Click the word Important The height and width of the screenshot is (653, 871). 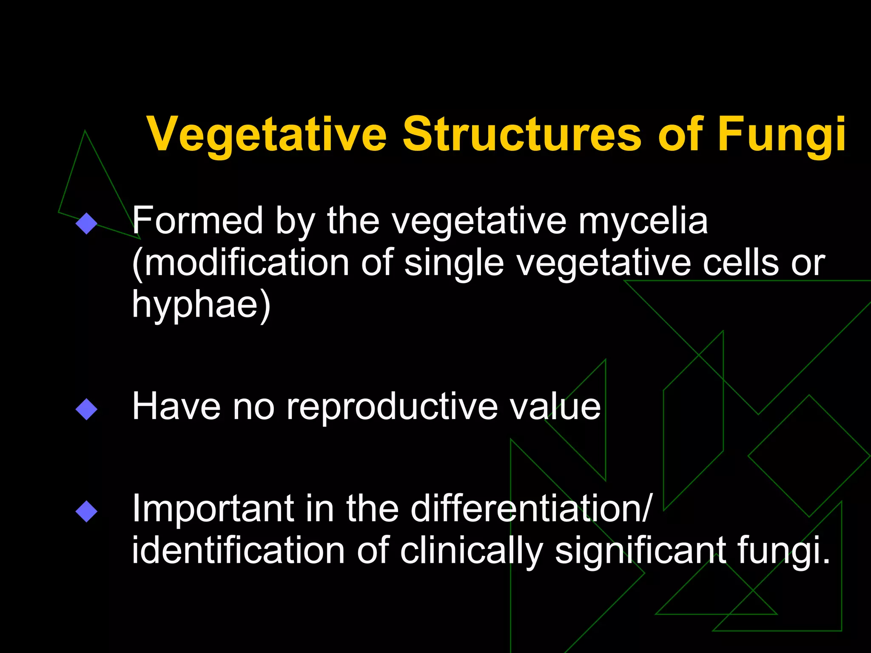pyautogui.click(x=213, y=509)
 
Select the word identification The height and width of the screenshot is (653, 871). pyautogui.click(x=238, y=551)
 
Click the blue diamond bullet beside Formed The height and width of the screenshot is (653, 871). pyautogui.click(x=86, y=223)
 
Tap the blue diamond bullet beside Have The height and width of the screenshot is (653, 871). pyautogui.click(x=86, y=409)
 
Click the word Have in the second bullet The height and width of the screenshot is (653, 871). pyautogui.click(x=176, y=406)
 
